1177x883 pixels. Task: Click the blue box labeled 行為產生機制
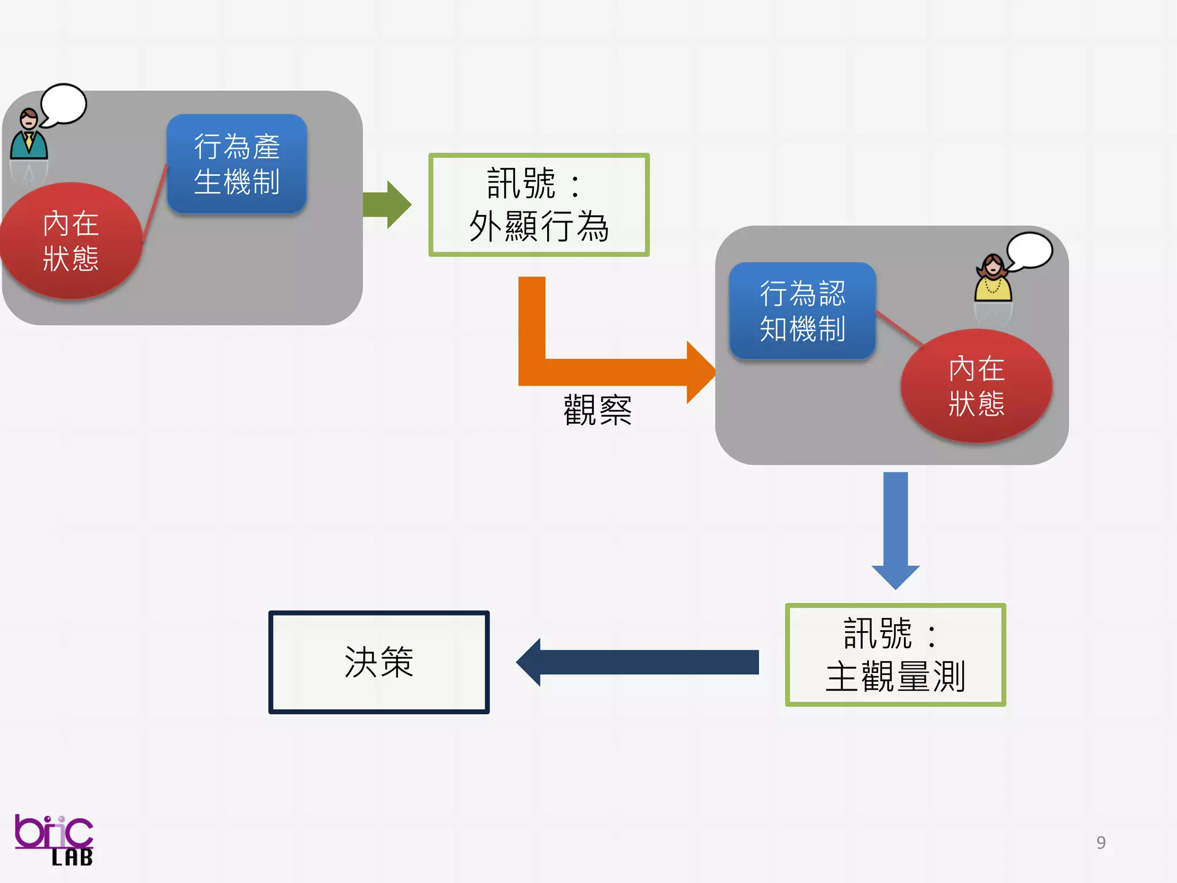[236, 164]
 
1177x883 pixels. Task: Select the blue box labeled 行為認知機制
[802, 311]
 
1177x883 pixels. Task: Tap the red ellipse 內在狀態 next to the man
[70, 240]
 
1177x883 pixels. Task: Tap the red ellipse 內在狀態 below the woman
[976, 386]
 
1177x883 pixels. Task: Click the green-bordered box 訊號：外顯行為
[539, 205]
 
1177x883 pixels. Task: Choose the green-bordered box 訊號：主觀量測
[895, 655]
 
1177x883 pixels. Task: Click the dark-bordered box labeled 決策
[379, 662]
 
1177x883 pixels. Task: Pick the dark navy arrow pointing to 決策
[638, 662]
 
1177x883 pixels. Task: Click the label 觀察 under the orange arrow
[597, 410]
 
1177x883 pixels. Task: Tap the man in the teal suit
[28, 137]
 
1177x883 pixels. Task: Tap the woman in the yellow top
[993, 279]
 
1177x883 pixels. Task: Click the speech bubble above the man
[64, 104]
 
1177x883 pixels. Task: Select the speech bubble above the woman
[1030, 250]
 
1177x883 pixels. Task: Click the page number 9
[1101, 842]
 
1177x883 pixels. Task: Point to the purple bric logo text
[52, 831]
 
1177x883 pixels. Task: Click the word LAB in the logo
[72, 858]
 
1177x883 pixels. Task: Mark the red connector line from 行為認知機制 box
[899, 329]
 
